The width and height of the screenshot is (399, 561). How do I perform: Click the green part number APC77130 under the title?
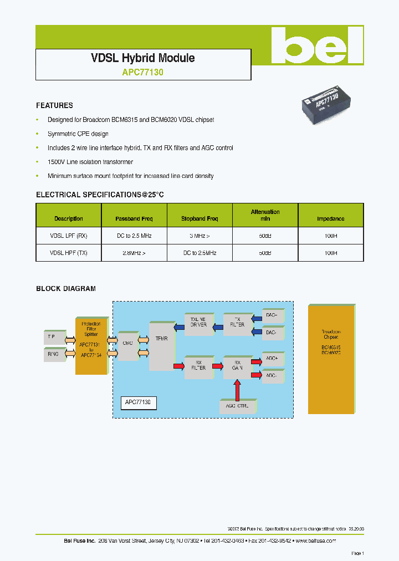pos(142,72)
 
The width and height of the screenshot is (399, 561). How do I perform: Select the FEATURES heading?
pos(54,105)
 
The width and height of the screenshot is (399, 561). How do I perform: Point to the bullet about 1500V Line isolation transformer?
pos(90,162)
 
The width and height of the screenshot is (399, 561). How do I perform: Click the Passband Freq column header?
pos(134,218)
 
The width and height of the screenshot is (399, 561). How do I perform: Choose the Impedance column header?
pos(330,218)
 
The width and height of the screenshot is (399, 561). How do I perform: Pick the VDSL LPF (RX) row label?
pos(69,236)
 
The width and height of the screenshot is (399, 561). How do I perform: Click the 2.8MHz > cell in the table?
pos(134,253)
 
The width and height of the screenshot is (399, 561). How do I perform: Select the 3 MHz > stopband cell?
pos(199,236)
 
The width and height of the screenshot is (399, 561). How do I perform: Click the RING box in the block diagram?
pos(53,353)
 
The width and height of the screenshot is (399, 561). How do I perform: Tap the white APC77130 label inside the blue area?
pos(139,402)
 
